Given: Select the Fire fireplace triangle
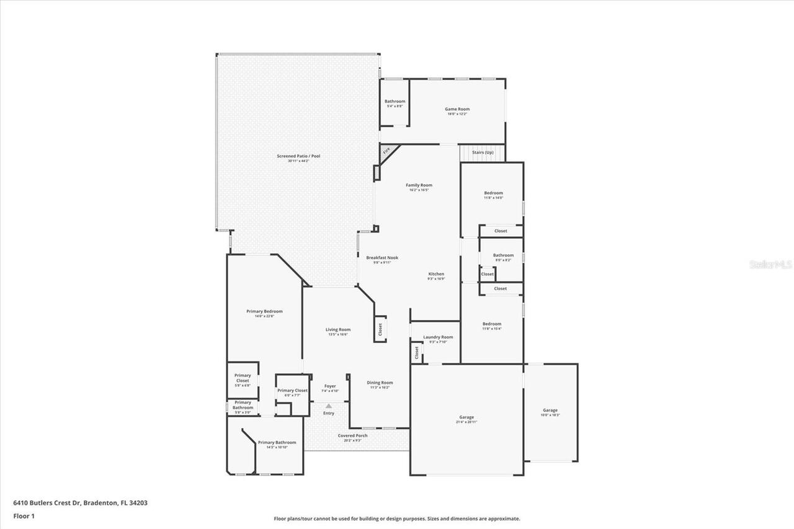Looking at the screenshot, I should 386,151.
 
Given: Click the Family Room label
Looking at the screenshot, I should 419,185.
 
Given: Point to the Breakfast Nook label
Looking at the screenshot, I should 382,257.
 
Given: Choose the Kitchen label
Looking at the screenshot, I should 436,273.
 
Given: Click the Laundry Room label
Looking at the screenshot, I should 438,337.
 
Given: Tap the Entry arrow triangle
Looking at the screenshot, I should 329,406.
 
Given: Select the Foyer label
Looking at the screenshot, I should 330,386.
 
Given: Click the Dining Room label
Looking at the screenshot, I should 380,383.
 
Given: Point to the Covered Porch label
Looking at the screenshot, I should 352,435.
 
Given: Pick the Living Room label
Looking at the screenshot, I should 338,329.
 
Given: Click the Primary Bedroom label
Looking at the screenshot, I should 264,311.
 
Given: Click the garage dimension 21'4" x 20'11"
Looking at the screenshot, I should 466,422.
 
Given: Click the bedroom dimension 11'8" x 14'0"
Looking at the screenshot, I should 493,198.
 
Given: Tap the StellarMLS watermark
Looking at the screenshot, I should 770,264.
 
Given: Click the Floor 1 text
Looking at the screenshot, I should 24,516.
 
